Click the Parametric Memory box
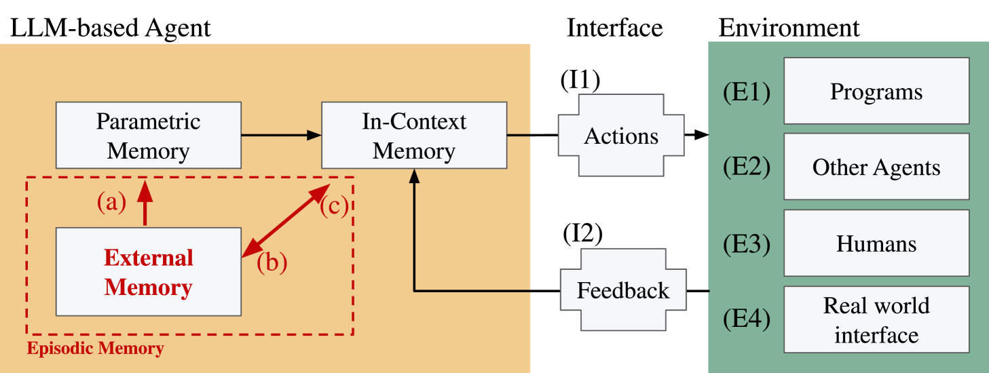click(148, 135)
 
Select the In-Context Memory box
click(413, 135)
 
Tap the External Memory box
click(148, 272)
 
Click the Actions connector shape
click(621, 136)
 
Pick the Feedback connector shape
click(622, 291)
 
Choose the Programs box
click(876, 91)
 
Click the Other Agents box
click(876, 167)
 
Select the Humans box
click(876, 243)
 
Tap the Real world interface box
click(876, 319)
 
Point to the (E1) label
click(747, 92)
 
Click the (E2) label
click(747, 167)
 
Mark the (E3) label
click(747, 243)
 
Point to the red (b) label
click(272, 262)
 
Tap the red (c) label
click(334, 206)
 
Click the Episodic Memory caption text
click(95, 349)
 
